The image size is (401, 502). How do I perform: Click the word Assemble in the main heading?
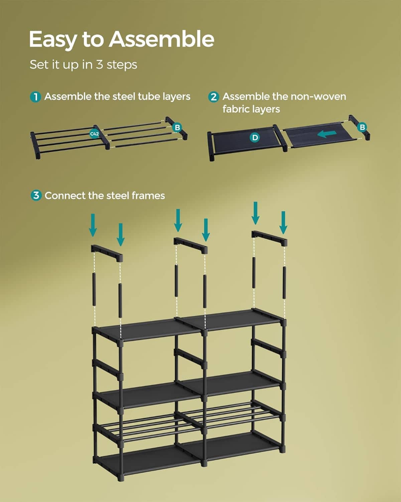(162, 39)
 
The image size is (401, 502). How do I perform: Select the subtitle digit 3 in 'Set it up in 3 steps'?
(100, 64)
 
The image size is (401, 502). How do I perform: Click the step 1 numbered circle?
(35, 97)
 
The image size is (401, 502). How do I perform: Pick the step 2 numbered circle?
(214, 97)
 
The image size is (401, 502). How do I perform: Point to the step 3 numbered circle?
(36, 195)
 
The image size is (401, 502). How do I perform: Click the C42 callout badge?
(95, 134)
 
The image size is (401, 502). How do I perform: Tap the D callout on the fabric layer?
(255, 138)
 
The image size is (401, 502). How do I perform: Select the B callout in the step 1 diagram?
(177, 128)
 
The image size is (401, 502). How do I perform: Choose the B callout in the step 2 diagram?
(362, 128)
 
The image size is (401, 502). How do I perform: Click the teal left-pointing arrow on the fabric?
(327, 134)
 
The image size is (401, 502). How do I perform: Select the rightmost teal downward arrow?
(283, 223)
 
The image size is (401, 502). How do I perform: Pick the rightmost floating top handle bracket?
(269, 239)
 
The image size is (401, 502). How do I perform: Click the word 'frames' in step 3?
(148, 196)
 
